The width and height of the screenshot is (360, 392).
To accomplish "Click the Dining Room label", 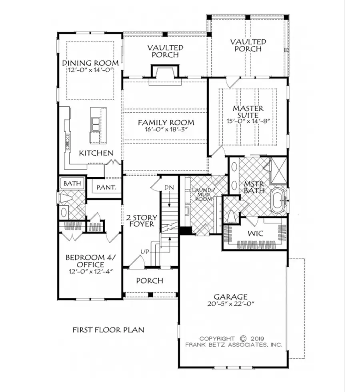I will [x=90, y=63].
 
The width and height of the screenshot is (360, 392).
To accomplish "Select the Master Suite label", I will [x=248, y=112].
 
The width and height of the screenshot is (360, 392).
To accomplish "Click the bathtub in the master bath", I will [x=277, y=199].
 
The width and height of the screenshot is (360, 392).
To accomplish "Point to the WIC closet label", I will [x=254, y=233].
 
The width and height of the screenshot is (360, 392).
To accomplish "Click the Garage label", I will [x=230, y=296].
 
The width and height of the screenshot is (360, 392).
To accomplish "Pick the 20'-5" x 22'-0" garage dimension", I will [x=230, y=304].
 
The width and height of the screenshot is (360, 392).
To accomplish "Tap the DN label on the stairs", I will [x=168, y=188].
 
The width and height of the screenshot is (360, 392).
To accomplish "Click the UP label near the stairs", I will [x=145, y=251].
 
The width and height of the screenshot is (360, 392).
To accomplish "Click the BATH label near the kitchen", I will [x=72, y=184].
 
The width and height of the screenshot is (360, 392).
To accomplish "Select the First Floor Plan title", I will [x=108, y=330].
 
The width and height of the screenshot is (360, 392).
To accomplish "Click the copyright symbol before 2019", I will [x=243, y=338].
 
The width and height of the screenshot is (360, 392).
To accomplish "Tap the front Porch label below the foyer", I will [x=150, y=281].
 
